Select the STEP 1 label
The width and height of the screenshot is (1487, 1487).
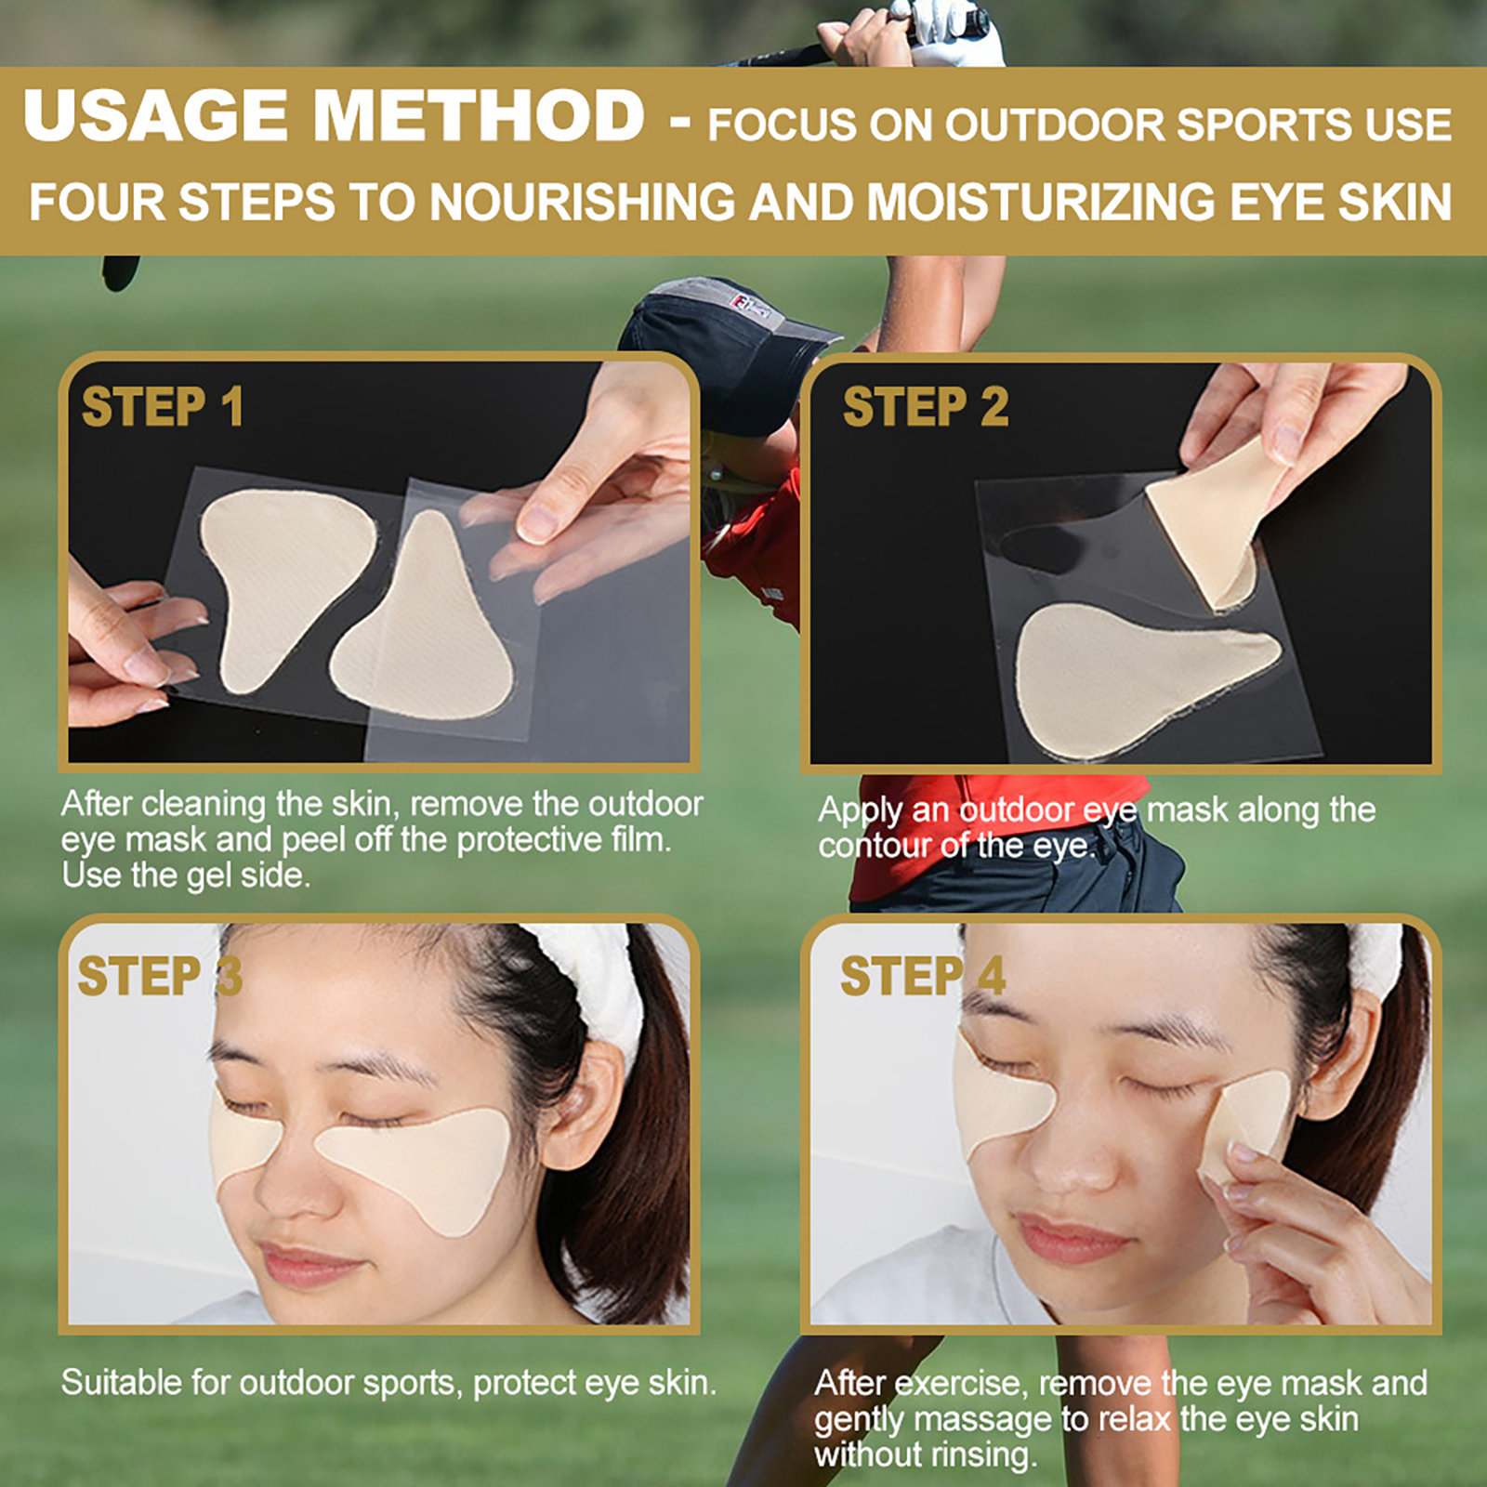click(x=163, y=407)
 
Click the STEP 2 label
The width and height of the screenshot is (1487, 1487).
click(x=926, y=407)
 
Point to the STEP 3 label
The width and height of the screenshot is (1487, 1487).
click(x=160, y=976)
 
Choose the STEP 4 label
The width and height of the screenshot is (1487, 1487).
click(x=923, y=976)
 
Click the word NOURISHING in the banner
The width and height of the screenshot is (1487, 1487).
click(x=583, y=203)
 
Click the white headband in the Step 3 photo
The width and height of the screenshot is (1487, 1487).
click(x=595, y=976)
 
